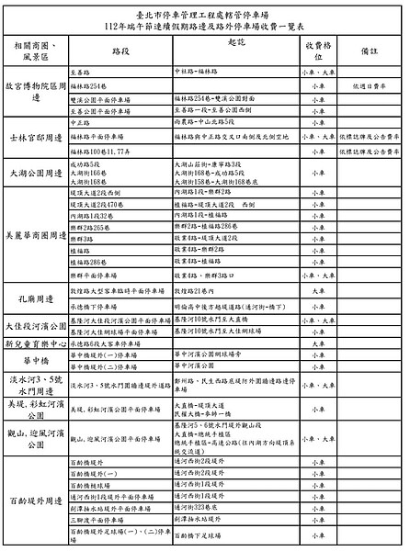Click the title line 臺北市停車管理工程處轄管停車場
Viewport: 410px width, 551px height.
(x=204, y=14)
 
